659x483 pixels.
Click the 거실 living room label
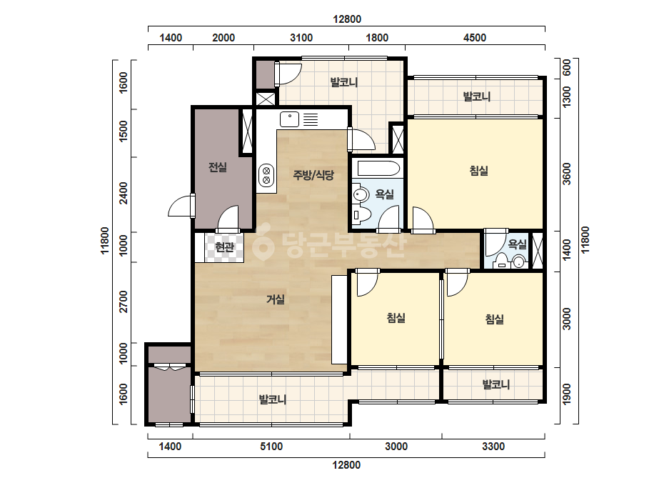(x=276, y=299)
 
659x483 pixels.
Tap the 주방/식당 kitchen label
(x=313, y=174)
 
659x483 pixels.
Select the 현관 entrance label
(x=224, y=247)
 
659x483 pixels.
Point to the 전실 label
(x=218, y=167)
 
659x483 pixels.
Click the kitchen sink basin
(x=290, y=119)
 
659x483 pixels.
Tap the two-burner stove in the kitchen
(x=266, y=175)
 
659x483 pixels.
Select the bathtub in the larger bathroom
(x=378, y=169)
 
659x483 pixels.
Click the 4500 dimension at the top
(x=475, y=38)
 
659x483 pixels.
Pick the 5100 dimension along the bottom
(x=271, y=447)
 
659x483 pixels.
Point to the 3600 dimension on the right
(x=566, y=174)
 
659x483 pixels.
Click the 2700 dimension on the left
(x=123, y=302)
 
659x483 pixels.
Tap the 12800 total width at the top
(x=347, y=19)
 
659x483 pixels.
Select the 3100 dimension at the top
(x=301, y=38)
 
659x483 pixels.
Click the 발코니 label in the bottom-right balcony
(x=496, y=384)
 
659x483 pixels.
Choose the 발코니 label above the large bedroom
(x=477, y=96)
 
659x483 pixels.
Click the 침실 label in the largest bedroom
(x=478, y=171)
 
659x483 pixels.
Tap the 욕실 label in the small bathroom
(x=518, y=244)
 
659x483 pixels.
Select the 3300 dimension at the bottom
(x=493, y=447)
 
